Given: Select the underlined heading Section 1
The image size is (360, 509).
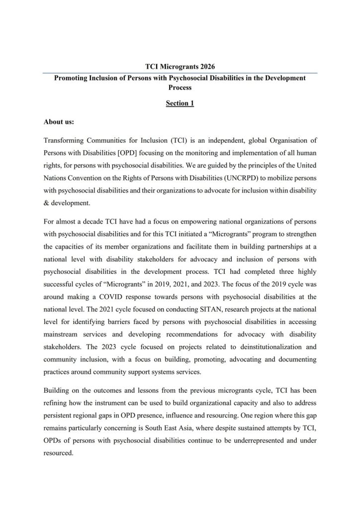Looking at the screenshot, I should tap(180, 103).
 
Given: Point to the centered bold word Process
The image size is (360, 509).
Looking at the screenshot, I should tap(180, 87).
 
